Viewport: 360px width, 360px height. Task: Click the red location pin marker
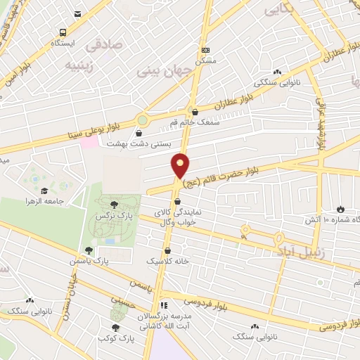(x=181, y=166)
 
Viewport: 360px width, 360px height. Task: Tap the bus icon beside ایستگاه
(x=64, y=32)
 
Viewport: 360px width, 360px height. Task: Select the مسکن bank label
(x=205, y=60)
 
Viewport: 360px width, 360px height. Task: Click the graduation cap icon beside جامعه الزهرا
(x=44, y=191)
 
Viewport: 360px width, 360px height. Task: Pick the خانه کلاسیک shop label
(x=167, y=261)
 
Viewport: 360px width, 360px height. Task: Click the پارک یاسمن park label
(x=89, y=261)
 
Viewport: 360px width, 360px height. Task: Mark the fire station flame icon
(x=340, y=210)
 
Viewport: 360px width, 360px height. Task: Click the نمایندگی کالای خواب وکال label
(x=177, y=217)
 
